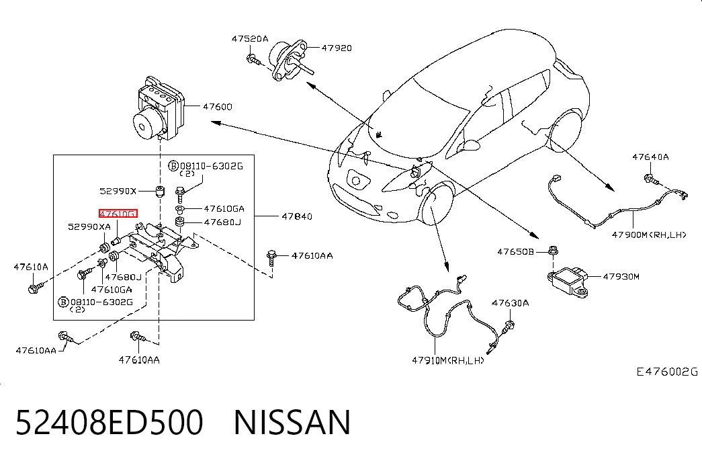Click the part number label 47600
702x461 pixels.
[x=218, y=107]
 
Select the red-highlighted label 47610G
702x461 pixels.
[x=118, y=214]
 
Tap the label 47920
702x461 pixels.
[x=337, y=48]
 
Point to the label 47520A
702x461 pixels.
[x=250, y=39]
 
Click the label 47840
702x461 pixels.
[x=297, y=216]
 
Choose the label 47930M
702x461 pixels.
[x=621, y=276]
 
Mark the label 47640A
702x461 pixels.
[x=650, y=157]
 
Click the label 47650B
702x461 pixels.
[x=516, y=252]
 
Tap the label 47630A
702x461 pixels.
[x=511, y=303]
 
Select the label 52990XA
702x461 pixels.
[x=89, y=226]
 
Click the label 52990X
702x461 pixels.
[x=118, y=192]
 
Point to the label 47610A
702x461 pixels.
[x=31, y=267]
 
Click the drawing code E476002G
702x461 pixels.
[x=667, y=372]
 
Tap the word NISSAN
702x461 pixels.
[x=292, y=422]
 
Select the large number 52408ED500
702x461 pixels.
[x=109, y=422]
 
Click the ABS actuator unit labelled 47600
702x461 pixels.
[x=158, y=108]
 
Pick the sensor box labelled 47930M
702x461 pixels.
[x=567, y=280]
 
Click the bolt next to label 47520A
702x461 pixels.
[x=253, y=58]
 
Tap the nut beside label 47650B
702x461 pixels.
[x=553, y=251]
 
